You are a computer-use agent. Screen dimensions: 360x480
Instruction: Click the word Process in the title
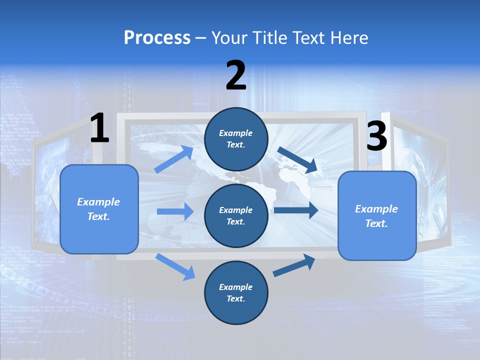(x=157, y=37)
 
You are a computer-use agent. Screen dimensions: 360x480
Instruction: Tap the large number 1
(x=99, y=128)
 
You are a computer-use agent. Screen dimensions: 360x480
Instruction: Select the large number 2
(x=236, y=76)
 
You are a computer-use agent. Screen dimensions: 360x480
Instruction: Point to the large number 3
(x=376, y=136)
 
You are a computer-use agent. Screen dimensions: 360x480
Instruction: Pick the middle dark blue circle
(x=236, y=215)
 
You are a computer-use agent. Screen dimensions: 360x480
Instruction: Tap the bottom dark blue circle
(x=236, y=292)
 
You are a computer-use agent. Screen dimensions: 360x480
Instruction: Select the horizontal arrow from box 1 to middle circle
(x=175, y=211)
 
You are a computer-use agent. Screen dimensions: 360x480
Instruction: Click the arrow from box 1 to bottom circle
(x=175, y=266)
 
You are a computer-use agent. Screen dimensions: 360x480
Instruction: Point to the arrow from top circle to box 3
(x=297, y=159)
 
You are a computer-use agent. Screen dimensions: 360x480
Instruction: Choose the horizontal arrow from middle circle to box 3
(x=296, y=210)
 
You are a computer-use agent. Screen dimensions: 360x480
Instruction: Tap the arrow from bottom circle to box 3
(x=294, y=265)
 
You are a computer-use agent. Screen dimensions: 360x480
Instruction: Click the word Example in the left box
(x=98, y=202)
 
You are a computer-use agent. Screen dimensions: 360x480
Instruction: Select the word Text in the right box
(x=376, y=223)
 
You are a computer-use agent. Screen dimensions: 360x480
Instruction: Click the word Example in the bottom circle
(x=235, y=287)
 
